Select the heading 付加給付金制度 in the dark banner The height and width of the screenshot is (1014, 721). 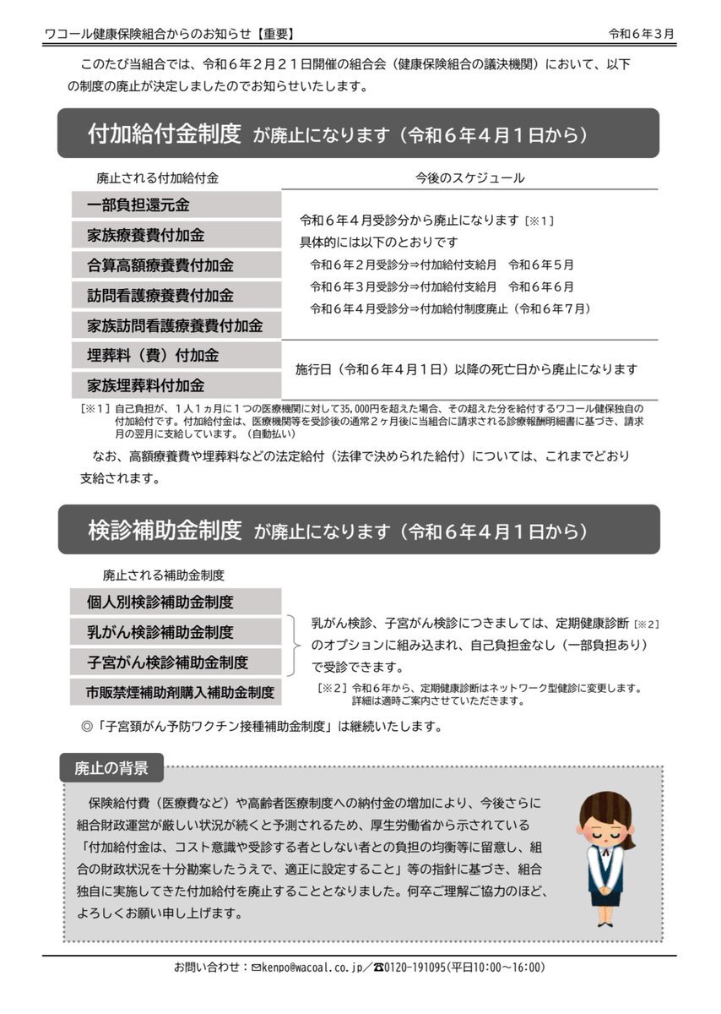coord(165,134)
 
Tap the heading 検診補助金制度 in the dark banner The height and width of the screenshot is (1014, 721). coord(165,530)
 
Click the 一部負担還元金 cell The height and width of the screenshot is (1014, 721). coord(175,205)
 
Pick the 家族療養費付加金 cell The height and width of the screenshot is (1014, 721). coord(175,235)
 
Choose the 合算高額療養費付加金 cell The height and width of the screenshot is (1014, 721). coord(175,265)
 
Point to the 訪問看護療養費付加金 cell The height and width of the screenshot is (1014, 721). coord(175,296)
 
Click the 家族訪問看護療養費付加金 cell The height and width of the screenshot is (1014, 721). coord(175,325)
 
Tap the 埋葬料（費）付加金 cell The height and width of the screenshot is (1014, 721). coord(175,356)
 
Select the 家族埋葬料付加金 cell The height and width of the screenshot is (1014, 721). coord(175,385)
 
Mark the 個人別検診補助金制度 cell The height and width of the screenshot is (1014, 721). coord(175,602)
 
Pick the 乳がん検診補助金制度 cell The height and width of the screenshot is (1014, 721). coord(175,632)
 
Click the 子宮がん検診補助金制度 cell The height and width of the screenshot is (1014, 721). coord(175,662)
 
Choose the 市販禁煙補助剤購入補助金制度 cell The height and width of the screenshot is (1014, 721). coord(175,692)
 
